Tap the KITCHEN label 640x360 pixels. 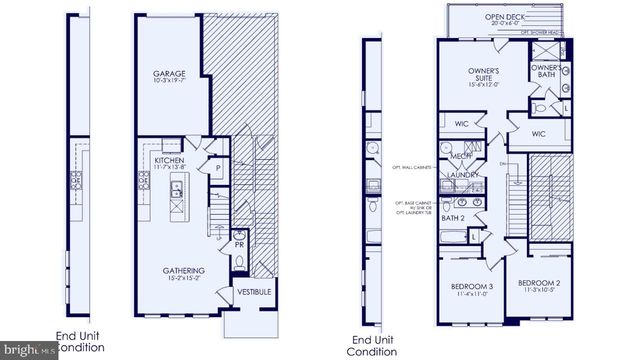coord(167,159)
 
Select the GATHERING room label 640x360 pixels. coord(184,270)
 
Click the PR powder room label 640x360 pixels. coord(241,243)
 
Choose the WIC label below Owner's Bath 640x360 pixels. coord(538,133)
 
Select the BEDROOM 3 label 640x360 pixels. coord(469,286)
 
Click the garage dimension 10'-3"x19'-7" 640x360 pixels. coord(171,83)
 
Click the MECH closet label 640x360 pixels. coord(462,157)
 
